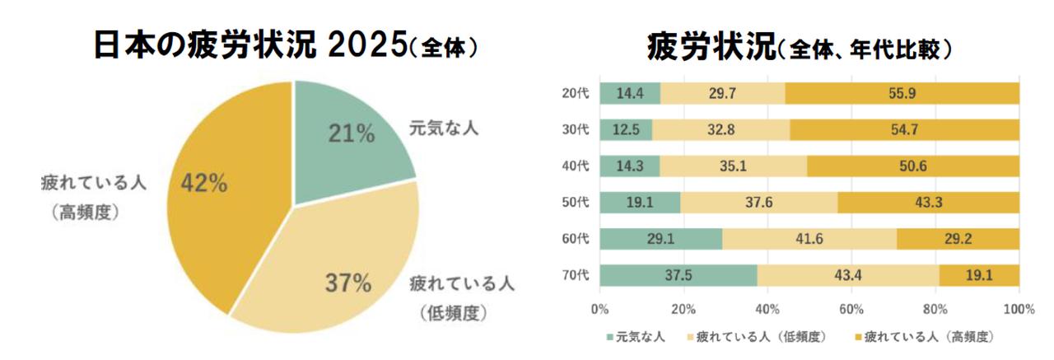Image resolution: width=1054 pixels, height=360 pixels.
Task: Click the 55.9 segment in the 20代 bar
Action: (x=902, y=93)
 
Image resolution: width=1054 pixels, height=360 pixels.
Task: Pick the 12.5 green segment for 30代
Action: (x=626, y=129)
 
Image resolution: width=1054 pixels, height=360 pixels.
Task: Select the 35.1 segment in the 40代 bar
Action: (x=733, y=166)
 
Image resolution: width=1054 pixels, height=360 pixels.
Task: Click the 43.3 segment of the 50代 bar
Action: (x=929, y=203)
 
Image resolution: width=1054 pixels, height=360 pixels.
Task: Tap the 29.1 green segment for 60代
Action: (x=660, y=239)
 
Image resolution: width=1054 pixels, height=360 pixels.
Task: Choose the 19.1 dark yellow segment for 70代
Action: (x=979, y=275)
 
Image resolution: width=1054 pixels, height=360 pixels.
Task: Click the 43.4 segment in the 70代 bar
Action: (x=848, y=275)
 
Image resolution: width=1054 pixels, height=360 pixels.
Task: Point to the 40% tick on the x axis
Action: (x=767, y=309)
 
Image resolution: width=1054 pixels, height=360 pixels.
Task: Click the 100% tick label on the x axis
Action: (x=1019, y=309)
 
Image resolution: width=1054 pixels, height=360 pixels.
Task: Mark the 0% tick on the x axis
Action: (x=600, y=309)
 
